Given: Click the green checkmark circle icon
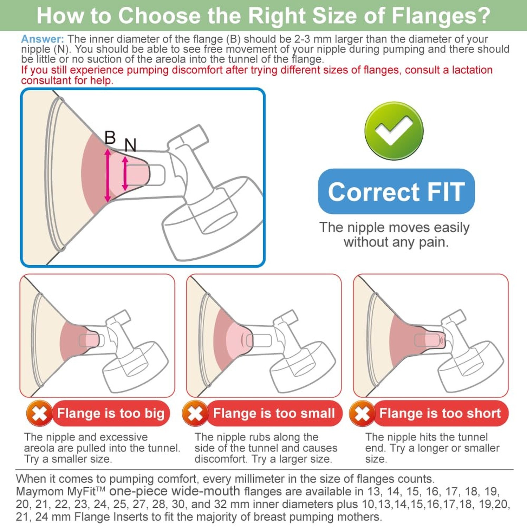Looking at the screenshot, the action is (394, 131).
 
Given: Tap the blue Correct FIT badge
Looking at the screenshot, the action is (396, 191).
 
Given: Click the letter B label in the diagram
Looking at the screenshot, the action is (110, 137).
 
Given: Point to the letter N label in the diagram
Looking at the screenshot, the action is (130, 145).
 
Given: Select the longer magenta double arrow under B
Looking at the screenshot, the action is (108, 175).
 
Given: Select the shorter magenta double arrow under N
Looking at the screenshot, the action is (125, 174).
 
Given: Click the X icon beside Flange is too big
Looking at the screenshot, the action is (39, 413).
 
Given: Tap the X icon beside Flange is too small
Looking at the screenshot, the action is (195, 413).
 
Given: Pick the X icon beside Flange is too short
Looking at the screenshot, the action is (362, 413).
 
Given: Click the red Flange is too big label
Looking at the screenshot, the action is (111, 413).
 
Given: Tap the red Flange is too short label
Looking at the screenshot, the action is (440, 413).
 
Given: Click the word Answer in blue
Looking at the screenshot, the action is (43, 39).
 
